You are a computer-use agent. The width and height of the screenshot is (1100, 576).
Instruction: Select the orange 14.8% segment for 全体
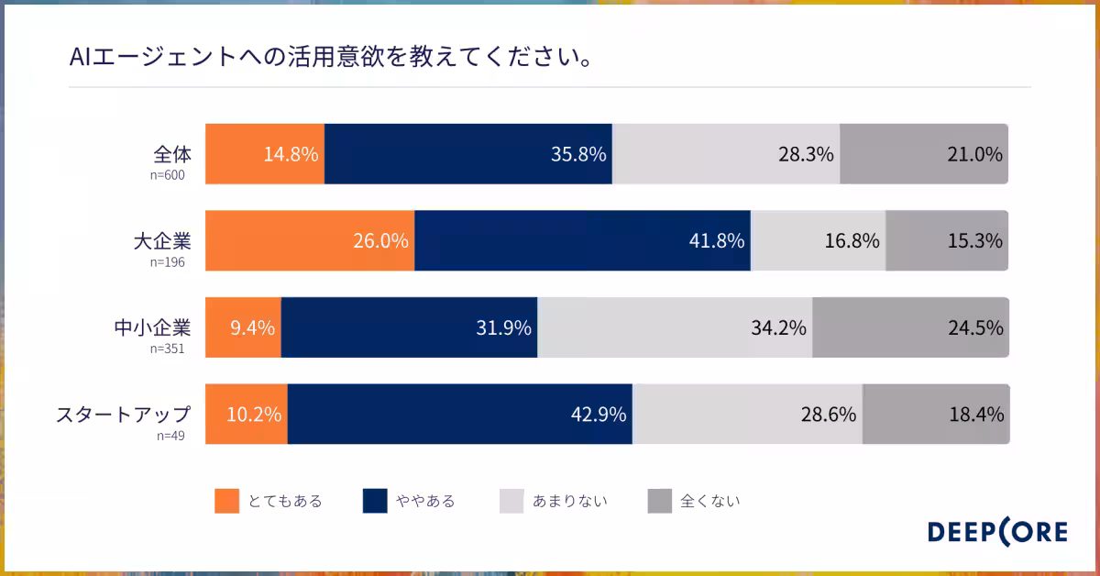click(264, 154)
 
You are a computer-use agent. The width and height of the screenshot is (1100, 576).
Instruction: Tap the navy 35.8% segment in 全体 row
click(467, 154)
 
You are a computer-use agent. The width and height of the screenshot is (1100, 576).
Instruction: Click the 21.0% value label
click(975, 154)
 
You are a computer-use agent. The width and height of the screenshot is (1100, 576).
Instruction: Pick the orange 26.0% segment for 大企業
click(309, 241)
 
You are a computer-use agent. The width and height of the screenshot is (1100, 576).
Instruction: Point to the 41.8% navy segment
click(582, 241)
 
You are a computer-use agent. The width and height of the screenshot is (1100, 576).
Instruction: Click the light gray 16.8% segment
click(818, 241)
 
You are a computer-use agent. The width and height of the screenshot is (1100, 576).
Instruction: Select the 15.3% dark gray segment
click(947, 241)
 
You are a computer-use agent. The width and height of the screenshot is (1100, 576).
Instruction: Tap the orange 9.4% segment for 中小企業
click(243, 327)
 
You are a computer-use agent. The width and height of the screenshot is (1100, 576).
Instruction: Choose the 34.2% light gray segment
click(675, 327)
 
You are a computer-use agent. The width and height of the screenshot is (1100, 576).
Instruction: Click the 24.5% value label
click(975, 327)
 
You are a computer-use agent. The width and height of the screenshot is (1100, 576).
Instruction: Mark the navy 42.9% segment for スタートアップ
click(459, 415)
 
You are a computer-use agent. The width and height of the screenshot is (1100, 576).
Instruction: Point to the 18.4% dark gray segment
click(935, 415)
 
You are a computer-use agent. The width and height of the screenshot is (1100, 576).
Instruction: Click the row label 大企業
click(162, 242)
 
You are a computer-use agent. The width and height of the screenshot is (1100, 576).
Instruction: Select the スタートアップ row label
click(124, 415)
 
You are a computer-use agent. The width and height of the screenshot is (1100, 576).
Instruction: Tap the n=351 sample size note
click(168, 349)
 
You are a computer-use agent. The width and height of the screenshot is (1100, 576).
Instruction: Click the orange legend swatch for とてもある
click(226, 501)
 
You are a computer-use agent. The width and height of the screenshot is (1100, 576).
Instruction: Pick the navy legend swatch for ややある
click(375, 501)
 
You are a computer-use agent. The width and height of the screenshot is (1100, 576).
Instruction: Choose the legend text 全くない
click(709, 501)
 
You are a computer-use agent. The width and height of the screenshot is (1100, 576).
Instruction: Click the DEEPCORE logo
click(997, 533)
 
